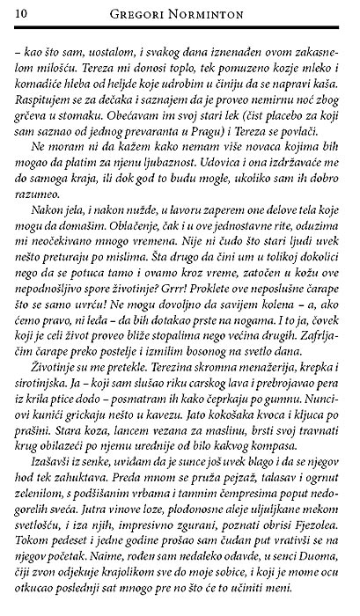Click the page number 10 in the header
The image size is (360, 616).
[x=20, y=12]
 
